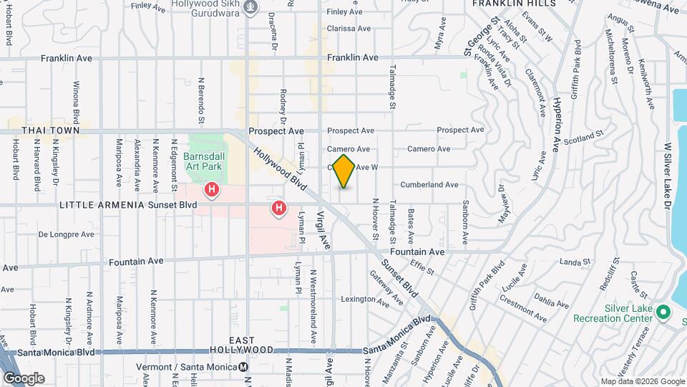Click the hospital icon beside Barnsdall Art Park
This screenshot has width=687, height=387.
coord(212,190)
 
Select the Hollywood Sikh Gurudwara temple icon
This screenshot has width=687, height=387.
coord(250,8)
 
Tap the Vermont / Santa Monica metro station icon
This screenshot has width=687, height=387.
coord(243,367)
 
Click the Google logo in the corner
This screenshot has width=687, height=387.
coord(24,378)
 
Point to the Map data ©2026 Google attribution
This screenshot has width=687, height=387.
coord(643,381)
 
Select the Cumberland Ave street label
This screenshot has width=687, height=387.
coord(429,184)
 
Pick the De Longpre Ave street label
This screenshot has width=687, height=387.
coord(66,234)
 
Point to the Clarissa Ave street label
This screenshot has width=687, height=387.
coord(349,29)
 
